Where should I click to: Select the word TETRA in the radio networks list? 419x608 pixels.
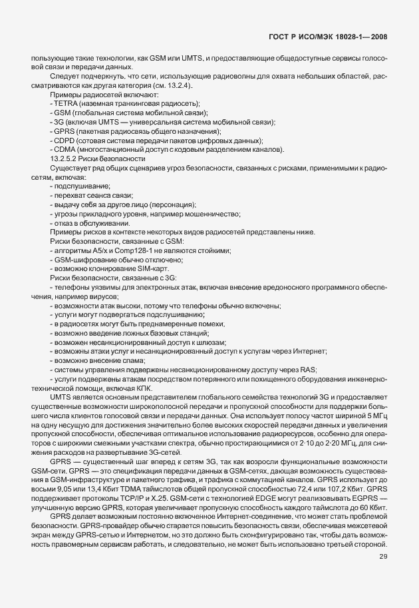[65, 104]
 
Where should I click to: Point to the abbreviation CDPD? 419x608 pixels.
[65, 141]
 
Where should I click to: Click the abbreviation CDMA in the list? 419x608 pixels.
[65, 151]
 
